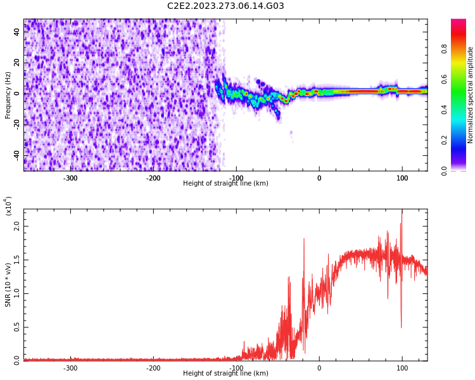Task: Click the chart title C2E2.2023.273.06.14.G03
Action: [225, 6]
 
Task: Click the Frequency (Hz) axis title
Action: [8, 95]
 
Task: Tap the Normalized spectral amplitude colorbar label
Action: [471, 95]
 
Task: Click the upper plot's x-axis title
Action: [225, 184]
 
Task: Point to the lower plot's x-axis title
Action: [225, 374]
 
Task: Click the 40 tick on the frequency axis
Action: [17, 32]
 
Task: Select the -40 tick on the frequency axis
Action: [16, 155]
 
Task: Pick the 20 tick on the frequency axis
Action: [17, 63]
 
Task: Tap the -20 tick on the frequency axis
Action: [16, 124]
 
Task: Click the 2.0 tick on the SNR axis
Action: [17, 225]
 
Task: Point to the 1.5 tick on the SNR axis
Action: [17, 259]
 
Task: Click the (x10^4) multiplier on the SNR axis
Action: [8, 206]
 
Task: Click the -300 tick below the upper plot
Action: [70, 178]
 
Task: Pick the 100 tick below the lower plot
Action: [402, 368]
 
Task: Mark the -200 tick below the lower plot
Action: [153, 368]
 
